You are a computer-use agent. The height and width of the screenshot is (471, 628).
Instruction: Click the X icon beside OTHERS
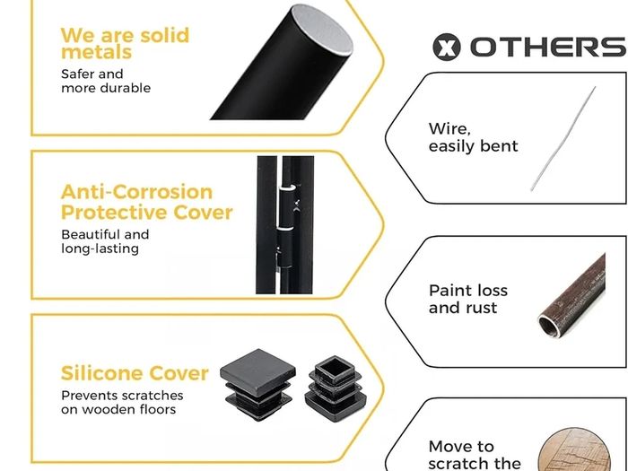click(447, 47)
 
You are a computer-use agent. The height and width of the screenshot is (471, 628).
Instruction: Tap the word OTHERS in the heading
click(548, 47)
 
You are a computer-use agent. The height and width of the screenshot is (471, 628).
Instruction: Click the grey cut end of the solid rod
click(321, 29)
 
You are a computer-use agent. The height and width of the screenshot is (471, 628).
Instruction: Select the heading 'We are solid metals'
click(125, 44)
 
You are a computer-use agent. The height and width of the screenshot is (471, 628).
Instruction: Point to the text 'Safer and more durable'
click(106, 81)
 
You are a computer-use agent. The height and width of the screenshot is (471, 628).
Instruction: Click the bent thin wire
click(563, 138)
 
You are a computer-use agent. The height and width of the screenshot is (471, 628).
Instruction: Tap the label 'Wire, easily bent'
click(473, 137)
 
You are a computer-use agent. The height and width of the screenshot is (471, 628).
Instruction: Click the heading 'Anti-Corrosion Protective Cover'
click(146, 202)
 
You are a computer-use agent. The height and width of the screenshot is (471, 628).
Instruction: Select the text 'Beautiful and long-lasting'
click(105, 241)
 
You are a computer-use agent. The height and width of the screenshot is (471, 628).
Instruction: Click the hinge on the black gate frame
click(287, 226)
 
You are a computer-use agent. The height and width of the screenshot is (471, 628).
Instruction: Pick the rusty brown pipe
click(571, 295)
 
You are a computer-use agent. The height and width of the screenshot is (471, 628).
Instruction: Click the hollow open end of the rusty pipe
click(549, 326)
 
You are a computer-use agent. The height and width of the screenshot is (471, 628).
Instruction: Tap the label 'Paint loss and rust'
click(467, 299)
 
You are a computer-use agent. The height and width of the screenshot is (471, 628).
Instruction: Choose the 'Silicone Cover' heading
click(135, 373)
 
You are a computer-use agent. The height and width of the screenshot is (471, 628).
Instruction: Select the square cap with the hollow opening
click(336, 388)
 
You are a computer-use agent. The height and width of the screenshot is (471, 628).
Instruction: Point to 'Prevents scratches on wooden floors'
click(122, 403)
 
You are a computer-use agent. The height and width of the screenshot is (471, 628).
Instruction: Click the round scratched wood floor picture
click(574, 449)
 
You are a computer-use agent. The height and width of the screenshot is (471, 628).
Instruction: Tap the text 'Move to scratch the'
click(475, 455)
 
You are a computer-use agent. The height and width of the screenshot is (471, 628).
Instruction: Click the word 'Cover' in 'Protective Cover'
click(203, 213)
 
